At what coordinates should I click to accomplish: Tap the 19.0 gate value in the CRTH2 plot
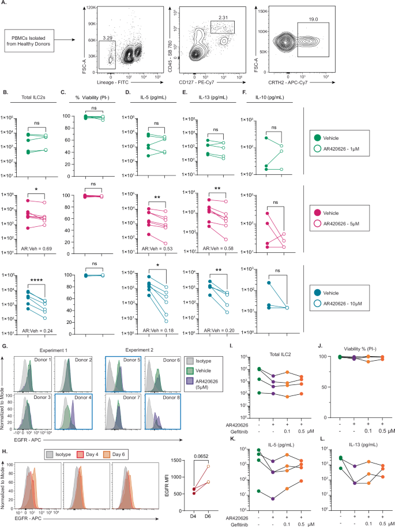[313, 18]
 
